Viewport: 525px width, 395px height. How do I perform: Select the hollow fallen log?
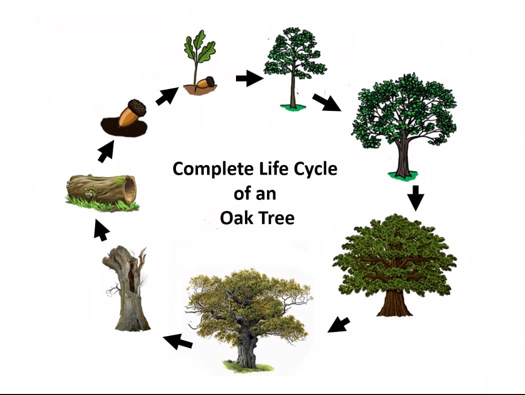tap(102, 190)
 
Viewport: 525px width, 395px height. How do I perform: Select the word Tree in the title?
tap(275, 218)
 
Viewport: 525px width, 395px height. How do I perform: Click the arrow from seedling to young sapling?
tap(248, 78)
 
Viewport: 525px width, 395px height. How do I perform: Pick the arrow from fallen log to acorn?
tap(105, 151)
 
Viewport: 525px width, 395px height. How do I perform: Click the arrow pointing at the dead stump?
tap(178, 341)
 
